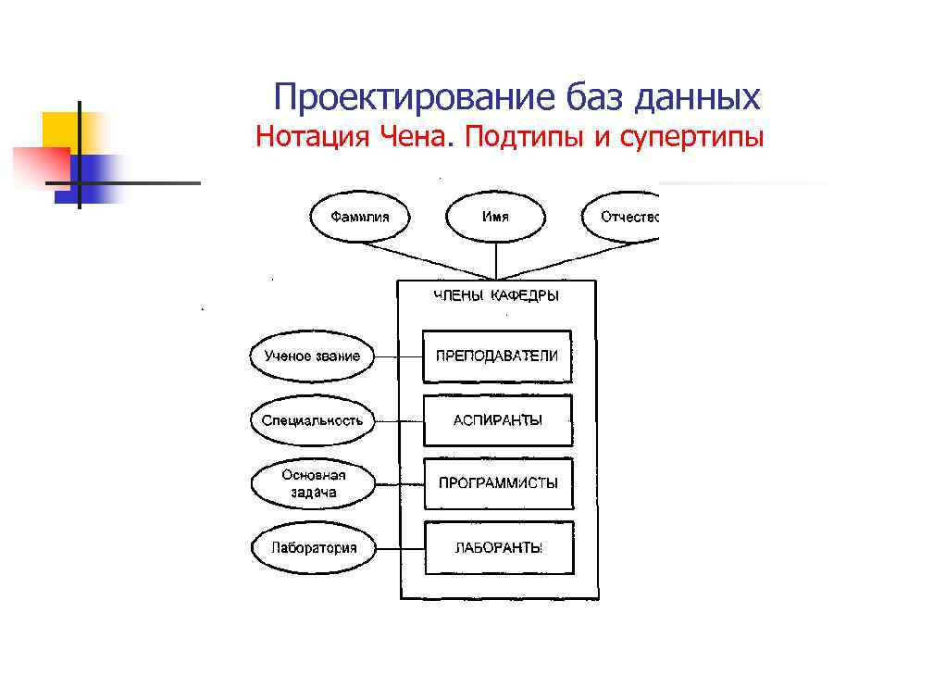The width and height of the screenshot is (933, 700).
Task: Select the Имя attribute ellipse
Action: click(495, 218)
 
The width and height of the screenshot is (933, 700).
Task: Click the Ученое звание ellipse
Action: click(312, 356)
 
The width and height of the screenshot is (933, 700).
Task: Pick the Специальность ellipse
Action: click(312, 420)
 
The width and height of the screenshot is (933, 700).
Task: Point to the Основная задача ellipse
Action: click(313, 483)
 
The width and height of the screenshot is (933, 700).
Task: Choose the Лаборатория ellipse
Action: click(313, 547)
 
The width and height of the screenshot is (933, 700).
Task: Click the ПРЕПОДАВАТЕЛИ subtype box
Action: click(497, 356)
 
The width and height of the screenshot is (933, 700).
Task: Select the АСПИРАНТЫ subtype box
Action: click(497, 420)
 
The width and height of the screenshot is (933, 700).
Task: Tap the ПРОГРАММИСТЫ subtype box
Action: click(498, 483)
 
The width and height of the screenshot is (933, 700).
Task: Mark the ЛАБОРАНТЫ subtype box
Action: click(498, 547)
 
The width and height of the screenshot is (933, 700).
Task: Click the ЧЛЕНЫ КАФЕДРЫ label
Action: click(497, 296)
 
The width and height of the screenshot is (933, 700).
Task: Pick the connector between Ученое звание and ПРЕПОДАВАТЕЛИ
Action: click(399, 356)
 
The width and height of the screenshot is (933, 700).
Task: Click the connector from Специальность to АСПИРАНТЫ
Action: click(399, 420)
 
